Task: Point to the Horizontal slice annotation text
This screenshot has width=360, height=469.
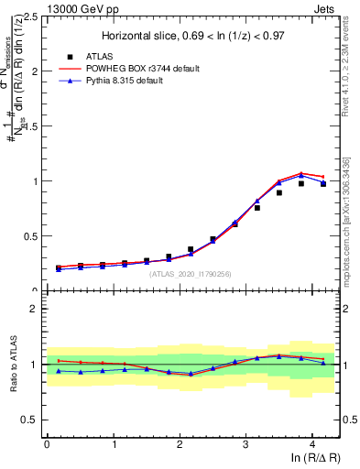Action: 191,36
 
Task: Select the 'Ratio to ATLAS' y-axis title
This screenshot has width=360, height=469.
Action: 12,364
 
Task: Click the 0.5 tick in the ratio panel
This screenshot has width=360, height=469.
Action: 30,420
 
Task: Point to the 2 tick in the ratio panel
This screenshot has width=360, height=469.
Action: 35,309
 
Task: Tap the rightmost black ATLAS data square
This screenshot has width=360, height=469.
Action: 323,184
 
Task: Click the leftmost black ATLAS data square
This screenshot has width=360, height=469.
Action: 59,267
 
